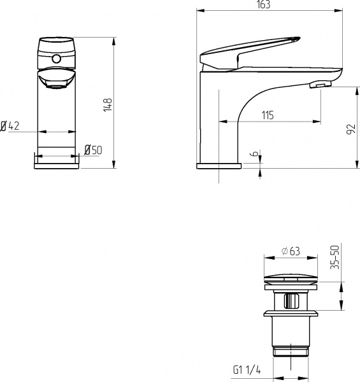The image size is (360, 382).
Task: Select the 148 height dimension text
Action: point(108,104)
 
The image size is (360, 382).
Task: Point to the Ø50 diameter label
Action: point(93,150)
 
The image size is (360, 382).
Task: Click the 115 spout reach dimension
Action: point(267,115)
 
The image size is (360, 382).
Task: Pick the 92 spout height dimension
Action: point(350,128)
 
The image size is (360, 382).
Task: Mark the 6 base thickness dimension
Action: point(254,155)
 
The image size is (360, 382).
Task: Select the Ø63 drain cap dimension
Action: point(291,250)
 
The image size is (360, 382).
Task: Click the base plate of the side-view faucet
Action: point(219,166)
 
